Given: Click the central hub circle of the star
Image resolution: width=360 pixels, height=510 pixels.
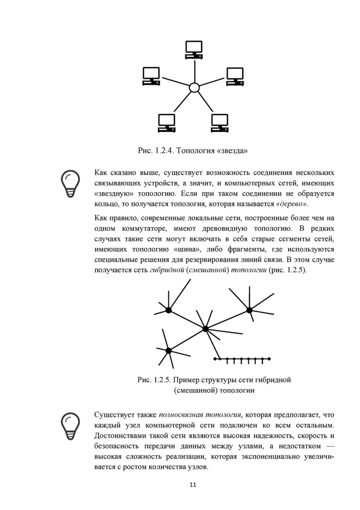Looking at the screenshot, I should pos(194,88).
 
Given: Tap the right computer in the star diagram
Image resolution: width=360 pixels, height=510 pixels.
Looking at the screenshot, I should pos(235,76).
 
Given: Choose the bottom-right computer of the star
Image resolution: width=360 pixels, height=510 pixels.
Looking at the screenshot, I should pos(219,123).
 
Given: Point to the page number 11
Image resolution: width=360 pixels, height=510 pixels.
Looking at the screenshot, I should pos(193,484).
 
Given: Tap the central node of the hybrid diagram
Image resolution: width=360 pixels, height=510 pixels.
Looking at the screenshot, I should pos(205,328).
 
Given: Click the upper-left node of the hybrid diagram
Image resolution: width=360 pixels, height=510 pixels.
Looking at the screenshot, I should pos(168,310).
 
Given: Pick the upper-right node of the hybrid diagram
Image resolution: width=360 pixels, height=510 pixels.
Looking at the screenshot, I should pos(250,310).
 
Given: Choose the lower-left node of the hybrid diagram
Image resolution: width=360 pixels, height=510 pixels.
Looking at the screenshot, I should pos(168,350).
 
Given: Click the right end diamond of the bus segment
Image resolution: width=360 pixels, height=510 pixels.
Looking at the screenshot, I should pos(269,359).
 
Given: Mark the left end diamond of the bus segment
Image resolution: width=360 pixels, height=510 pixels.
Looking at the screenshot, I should pos(215,359).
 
